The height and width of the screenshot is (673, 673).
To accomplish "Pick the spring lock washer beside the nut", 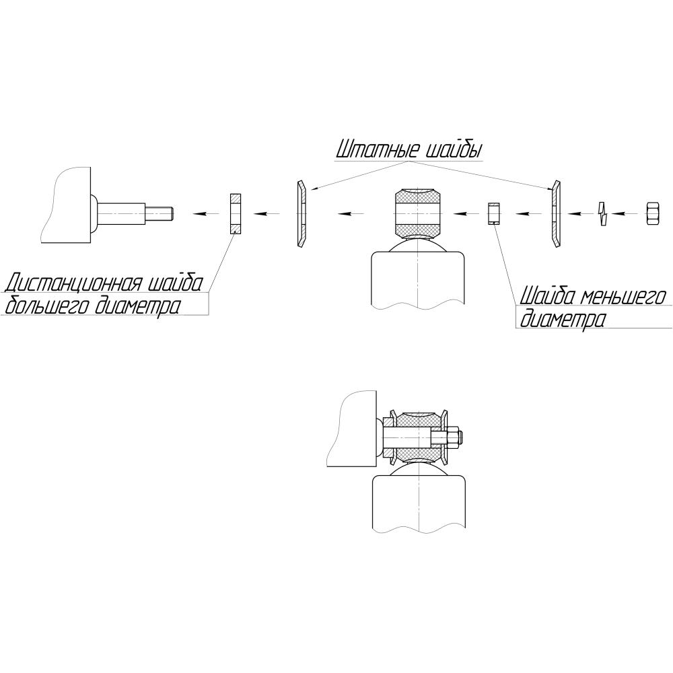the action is click(x=603, y=213).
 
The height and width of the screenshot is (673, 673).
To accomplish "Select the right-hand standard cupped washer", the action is click(x=556, y=213).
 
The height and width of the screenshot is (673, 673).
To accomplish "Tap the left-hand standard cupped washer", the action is click(x=302, y=213).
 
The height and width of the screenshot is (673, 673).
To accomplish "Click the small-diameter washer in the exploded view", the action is click(x=495, y=213).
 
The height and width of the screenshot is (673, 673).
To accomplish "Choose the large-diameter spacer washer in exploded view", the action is click(x=236, y=214).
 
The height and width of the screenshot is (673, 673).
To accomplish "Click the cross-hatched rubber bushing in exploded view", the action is click(x=418, y=213).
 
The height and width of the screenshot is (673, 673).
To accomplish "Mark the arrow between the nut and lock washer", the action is click(x=625, y=213).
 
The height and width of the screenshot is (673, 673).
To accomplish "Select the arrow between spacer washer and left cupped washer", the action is click(x=267, y=213).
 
